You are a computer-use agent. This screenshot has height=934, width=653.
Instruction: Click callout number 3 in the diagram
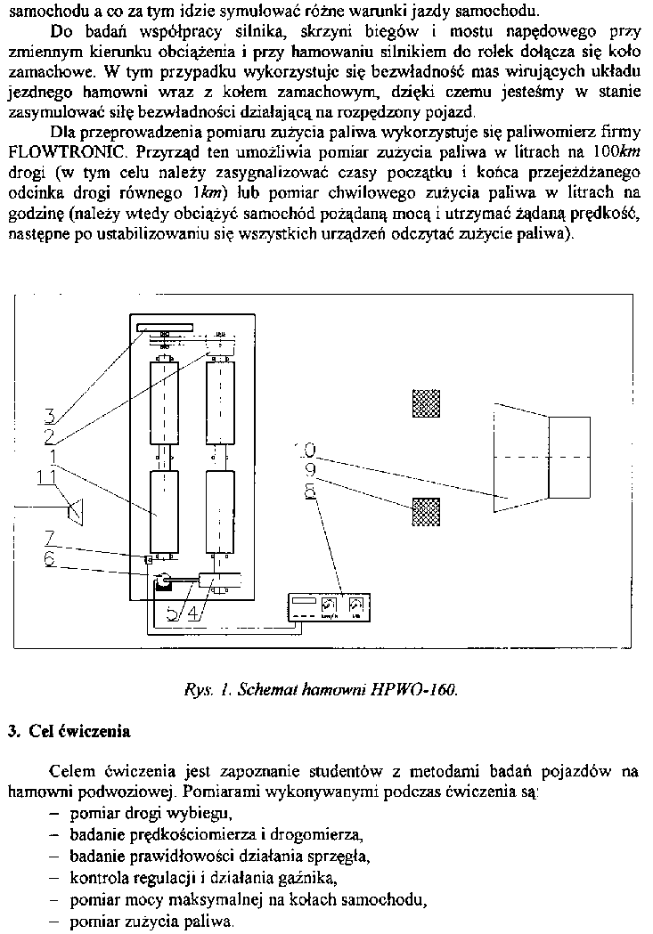tap(51, 415)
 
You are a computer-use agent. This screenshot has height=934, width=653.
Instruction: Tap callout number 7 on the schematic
tap(51, 537)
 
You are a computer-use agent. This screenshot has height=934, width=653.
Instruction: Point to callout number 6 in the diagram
tap(51, 556)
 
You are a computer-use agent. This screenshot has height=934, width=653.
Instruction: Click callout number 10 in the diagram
tap(308, 450)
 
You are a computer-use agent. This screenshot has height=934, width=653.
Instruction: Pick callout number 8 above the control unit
tap(310, 491)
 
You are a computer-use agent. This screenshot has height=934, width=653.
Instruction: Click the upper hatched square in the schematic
tap(426, 403)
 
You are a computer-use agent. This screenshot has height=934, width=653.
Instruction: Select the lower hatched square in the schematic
tap(426, 512)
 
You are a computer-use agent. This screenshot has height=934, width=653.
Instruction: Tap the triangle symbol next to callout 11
tap(78, 510)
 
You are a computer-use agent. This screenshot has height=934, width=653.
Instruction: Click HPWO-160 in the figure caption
tap(420, 691)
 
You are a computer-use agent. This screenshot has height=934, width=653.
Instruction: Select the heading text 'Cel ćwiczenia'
tap(80, 732)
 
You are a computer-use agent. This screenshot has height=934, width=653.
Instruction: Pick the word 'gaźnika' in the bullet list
tap(314, 878)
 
